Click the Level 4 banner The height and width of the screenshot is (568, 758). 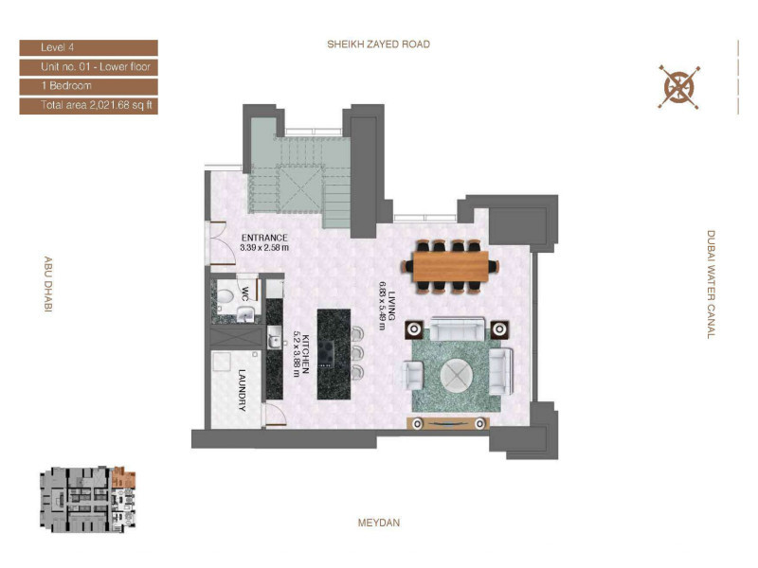pos(88,48)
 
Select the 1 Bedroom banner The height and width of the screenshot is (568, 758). pos(88,86)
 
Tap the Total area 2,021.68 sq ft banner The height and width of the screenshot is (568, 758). pos(88,106)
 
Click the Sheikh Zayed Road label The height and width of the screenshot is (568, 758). pos(378,44)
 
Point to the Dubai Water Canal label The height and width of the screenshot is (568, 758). pos(711,285)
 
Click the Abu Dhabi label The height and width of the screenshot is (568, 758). pos(48,284)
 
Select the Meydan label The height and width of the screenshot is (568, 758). pos(379,523)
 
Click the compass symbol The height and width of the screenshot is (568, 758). pos(679,87)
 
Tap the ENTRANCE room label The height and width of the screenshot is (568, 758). pos(264,238)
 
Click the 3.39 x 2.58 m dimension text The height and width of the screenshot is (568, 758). pos(264,248)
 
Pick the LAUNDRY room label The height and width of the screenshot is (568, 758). pos(243,390)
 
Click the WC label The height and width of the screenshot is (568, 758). pos(245,294)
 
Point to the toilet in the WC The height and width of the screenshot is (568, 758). pos(226,294)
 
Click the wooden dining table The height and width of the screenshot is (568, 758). pos(451,266)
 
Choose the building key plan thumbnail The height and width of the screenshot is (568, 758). pos(88,500)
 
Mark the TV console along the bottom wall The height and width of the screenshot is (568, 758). pos(448,423)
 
